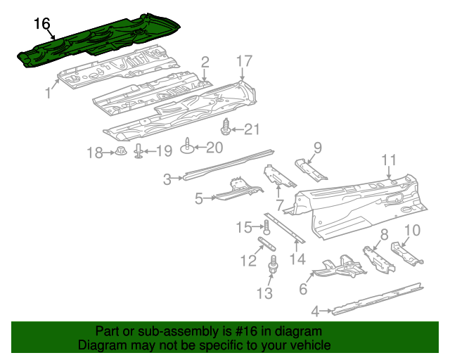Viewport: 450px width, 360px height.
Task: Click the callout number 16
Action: click(x=42, y=23)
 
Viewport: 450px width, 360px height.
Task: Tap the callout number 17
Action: click(x=244, y=61)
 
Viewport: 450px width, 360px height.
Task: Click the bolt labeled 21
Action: click(x=226, y=128)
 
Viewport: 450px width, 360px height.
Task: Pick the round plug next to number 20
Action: click(x=188, y=146)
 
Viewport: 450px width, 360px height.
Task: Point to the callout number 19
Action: click(x=163, y=151)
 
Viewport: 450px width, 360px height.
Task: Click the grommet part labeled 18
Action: click(x=120, y=151)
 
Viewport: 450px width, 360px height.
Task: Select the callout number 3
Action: click(x=167, y=179)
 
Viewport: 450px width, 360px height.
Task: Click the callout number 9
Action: click(x=318, y=148)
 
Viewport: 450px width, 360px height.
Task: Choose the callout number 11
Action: click(x=390, y=160)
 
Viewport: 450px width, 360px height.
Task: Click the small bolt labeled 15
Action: click(x=266, y=226)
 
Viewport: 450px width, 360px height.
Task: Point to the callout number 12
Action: click(x=247, y=261)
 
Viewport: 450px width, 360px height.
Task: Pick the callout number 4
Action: click(x=316, y=309)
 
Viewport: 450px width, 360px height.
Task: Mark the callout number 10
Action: click(x=413, y=230)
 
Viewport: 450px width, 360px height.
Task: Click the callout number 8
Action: click(x=384, y=234)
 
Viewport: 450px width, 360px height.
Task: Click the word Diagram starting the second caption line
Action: click(x=99, y=345)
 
